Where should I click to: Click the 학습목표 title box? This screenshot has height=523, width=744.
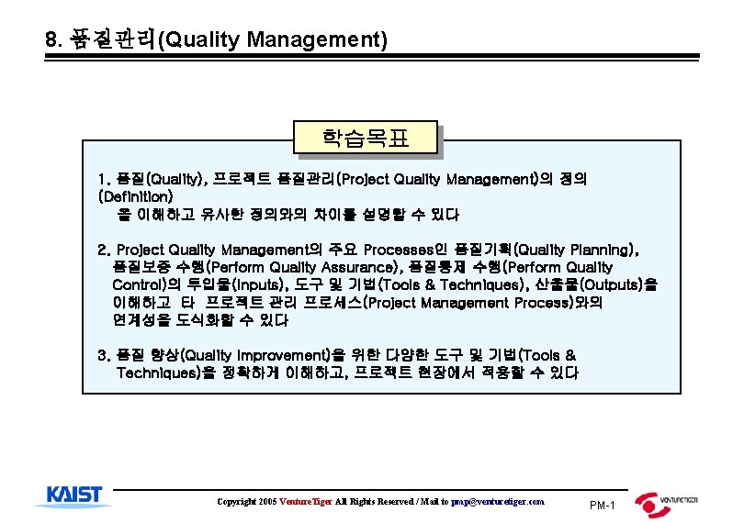click(365, 139)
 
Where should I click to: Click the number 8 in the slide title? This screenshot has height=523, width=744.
click(51, 40)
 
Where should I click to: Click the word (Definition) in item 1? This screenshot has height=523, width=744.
click(135, 196)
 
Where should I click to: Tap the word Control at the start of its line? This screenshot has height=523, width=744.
click(138, 284)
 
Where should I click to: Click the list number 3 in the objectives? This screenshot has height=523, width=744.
click(103, 355)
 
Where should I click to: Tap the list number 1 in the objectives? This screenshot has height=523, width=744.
click(103, 178)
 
